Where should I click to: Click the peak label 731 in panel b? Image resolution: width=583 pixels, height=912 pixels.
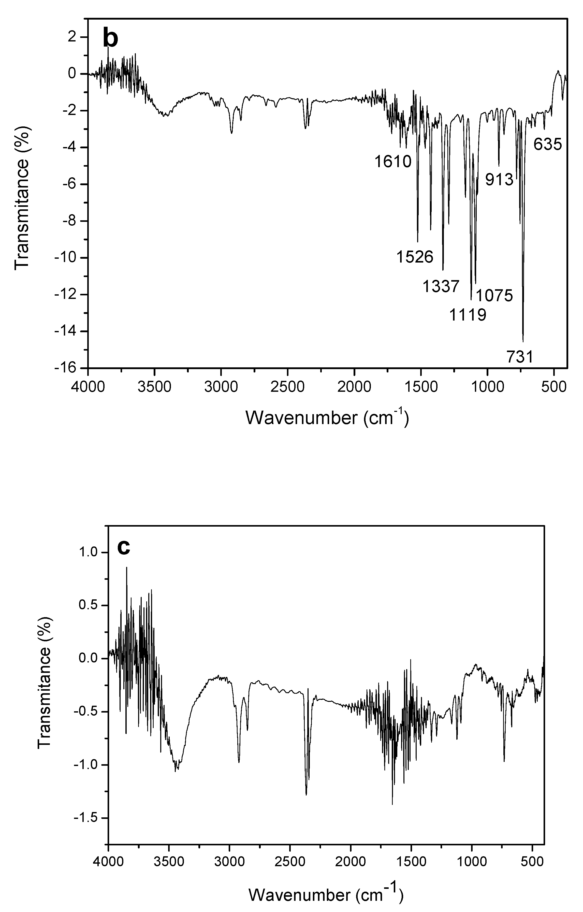click(520, 357)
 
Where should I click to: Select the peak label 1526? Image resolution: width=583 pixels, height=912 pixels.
click(415, 257)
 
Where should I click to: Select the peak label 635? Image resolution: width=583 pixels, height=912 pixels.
click(548, 144)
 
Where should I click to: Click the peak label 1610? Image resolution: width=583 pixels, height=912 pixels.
click(393, 162)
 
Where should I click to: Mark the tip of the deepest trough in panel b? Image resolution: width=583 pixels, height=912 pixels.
click(523, 341)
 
